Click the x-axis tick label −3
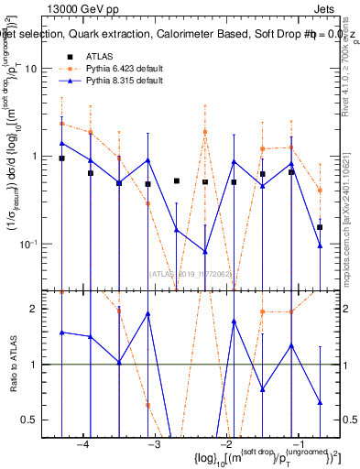pyautogui.click(x=154, y=443)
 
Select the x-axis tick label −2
pyautogui.click(x=225, y=443)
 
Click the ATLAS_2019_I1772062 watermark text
pyautogui.click(x=192, y=272)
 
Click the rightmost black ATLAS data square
pyautogui.click(x=320, y=227)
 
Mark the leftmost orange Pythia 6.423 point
pyautogui.click(x=61, y=124)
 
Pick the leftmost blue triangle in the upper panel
pyautogui.click(x=61, y=143)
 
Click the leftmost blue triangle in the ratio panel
pyautogui.click(x=61, y=332)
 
